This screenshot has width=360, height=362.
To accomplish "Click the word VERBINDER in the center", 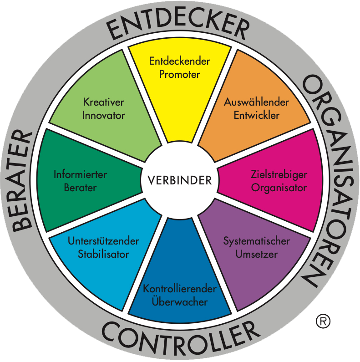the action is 180,180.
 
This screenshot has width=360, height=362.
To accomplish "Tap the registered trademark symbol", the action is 323,321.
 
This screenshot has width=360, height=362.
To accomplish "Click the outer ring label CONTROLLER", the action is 181,338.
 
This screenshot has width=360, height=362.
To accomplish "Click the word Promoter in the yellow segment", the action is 179,74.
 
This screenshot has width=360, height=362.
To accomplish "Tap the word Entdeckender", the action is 179,61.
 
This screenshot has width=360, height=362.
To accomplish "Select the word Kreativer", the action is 104,102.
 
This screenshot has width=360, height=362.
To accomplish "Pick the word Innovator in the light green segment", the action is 104,115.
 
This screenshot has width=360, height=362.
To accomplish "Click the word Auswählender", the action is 256,102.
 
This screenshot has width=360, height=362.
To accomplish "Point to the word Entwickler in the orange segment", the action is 257,115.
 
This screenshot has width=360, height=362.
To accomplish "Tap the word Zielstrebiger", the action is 279,174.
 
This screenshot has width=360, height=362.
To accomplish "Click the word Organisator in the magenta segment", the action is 279,188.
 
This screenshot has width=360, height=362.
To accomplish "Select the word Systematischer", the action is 257,241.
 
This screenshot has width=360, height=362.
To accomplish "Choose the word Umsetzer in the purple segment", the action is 257,254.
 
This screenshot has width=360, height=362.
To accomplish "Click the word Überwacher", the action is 180,301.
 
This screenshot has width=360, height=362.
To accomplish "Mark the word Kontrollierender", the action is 180,289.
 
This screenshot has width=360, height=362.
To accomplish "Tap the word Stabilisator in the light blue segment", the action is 104,254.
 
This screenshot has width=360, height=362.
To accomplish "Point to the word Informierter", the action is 80,174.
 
